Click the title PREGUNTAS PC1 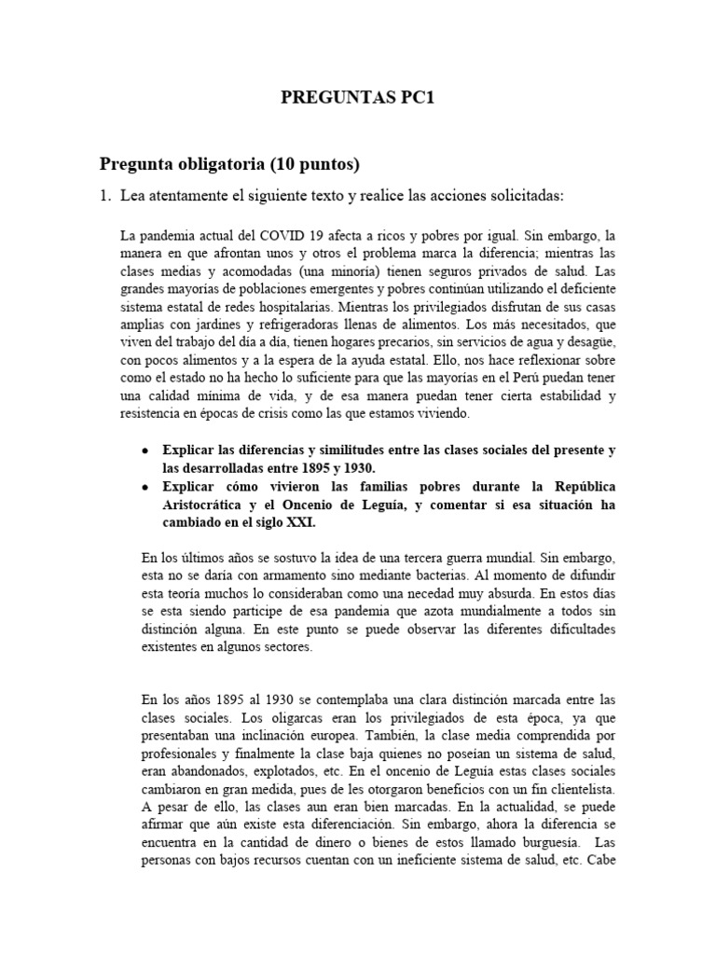358,99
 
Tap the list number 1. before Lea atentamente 106,197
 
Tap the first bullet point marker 145,450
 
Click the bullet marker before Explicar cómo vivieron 145,488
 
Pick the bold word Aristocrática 208,505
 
